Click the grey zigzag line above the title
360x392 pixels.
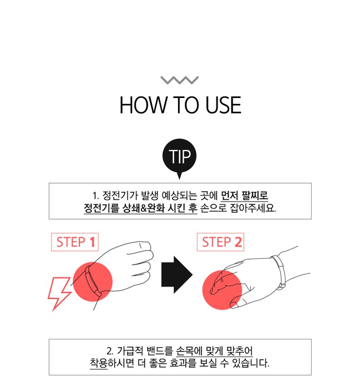179,80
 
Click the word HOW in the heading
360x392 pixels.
143,105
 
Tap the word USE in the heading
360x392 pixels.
223,105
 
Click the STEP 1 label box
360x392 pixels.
75,242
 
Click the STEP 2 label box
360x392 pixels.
220,242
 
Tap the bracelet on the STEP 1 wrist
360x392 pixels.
93,281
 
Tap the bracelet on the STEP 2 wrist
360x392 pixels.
280,272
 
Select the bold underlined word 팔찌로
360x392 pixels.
255,196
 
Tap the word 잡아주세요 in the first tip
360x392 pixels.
252,208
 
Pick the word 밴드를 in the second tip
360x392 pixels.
160,351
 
